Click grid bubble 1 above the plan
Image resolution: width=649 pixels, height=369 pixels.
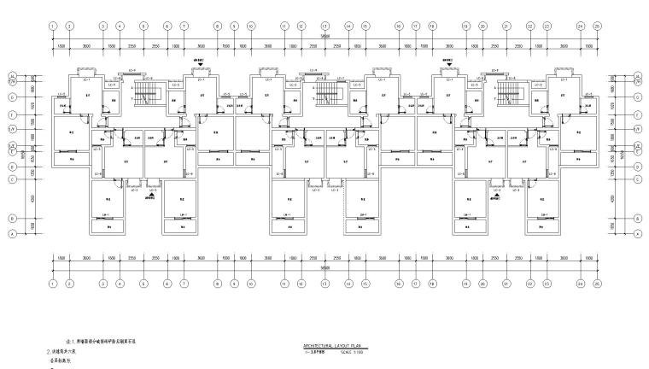click(53, 26)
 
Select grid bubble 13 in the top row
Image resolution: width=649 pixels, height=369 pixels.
click(324, 26)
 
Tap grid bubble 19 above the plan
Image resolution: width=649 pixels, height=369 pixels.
click(465, 26)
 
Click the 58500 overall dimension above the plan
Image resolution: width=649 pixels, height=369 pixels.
click(324, 36)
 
